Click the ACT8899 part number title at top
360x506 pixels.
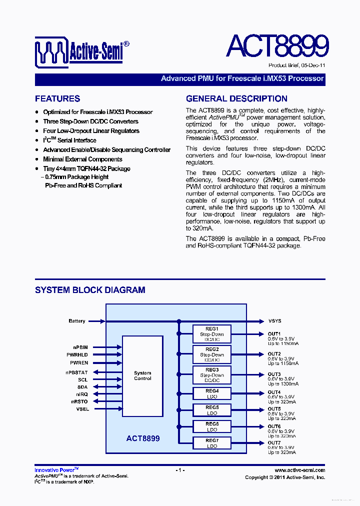point(277,46)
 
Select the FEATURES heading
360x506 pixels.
point(57,98)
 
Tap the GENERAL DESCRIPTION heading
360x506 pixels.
point(236,98)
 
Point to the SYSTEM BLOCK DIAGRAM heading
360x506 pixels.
point(90,290)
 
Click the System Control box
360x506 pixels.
point(142,375)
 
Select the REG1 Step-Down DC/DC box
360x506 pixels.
point(212,334)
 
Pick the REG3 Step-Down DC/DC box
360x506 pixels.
point(212,375)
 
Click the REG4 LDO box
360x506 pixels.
point(212,393)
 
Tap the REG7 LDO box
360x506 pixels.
point(212,443)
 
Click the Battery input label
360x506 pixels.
point(77,321)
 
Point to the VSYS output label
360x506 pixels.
point(274,321)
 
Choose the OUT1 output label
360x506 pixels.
point(274,334)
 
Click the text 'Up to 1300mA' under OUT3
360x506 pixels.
point(283,384)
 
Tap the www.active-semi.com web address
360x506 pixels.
point(300,470)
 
